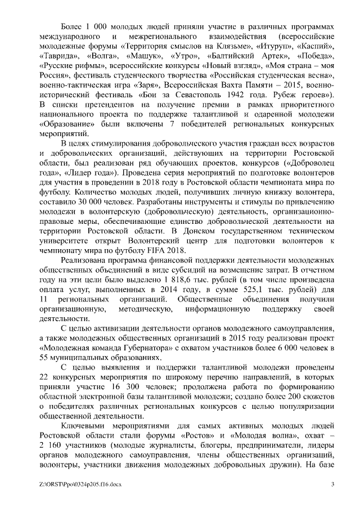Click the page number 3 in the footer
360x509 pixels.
point(332,485)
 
